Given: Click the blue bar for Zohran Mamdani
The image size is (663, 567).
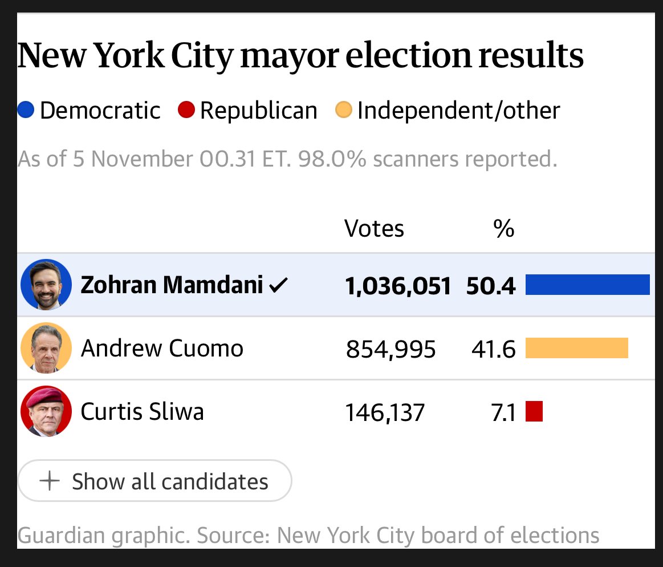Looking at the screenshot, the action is point(587,284).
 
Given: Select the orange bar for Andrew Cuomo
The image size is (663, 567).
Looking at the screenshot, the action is point(577,348).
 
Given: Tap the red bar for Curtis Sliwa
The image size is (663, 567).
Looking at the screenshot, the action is point(534,411).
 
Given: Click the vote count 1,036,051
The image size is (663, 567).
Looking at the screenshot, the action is point(398,286).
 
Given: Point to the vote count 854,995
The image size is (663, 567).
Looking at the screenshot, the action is point(391,350).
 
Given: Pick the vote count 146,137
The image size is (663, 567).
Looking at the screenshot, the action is point(385,413).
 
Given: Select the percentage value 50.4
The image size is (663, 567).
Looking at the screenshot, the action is point(491,286).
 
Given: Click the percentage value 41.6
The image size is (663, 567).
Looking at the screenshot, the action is point(494,350).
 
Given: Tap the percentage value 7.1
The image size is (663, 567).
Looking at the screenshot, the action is point(503,413).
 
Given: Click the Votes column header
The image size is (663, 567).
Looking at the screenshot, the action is point(374,229).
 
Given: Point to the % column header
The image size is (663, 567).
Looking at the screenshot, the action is point(503,229).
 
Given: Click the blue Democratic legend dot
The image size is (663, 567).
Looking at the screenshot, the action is point(26,110).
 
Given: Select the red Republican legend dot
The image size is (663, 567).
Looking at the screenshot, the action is point(186,110).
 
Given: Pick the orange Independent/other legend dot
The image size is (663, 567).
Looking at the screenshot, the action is point(343,110).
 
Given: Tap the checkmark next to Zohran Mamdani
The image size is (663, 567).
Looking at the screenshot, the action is point(278,285).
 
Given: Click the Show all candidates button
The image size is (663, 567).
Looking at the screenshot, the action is point(154,481).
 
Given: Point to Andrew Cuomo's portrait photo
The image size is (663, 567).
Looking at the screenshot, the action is point(46,348).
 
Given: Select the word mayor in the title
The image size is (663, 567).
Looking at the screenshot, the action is point(289,56).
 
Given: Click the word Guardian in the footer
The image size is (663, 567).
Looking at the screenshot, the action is point(61,536).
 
